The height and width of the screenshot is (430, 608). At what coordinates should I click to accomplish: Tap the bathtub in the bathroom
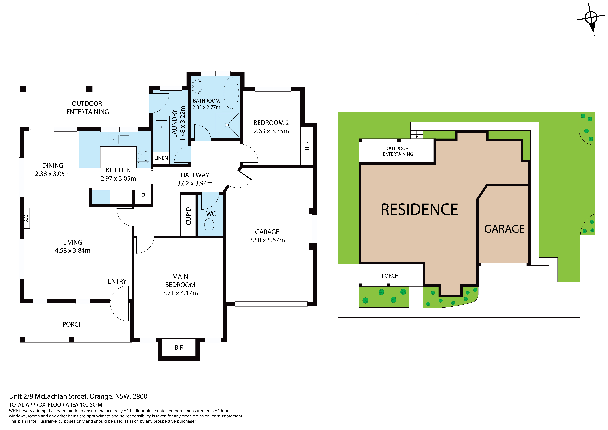[231, 93]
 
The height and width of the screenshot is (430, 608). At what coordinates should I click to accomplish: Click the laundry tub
[162, 127]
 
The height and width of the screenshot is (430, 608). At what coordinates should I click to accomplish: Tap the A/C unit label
[26, 218]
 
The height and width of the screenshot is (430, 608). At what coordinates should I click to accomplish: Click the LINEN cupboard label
[161, 158]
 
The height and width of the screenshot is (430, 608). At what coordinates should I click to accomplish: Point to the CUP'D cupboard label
[188, 216]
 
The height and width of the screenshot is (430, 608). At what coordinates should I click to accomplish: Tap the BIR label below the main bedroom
[179, 348]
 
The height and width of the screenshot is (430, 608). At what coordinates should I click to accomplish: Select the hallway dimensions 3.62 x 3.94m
[195, 183]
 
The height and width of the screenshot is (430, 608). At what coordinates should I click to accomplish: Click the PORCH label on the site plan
[390, 276]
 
